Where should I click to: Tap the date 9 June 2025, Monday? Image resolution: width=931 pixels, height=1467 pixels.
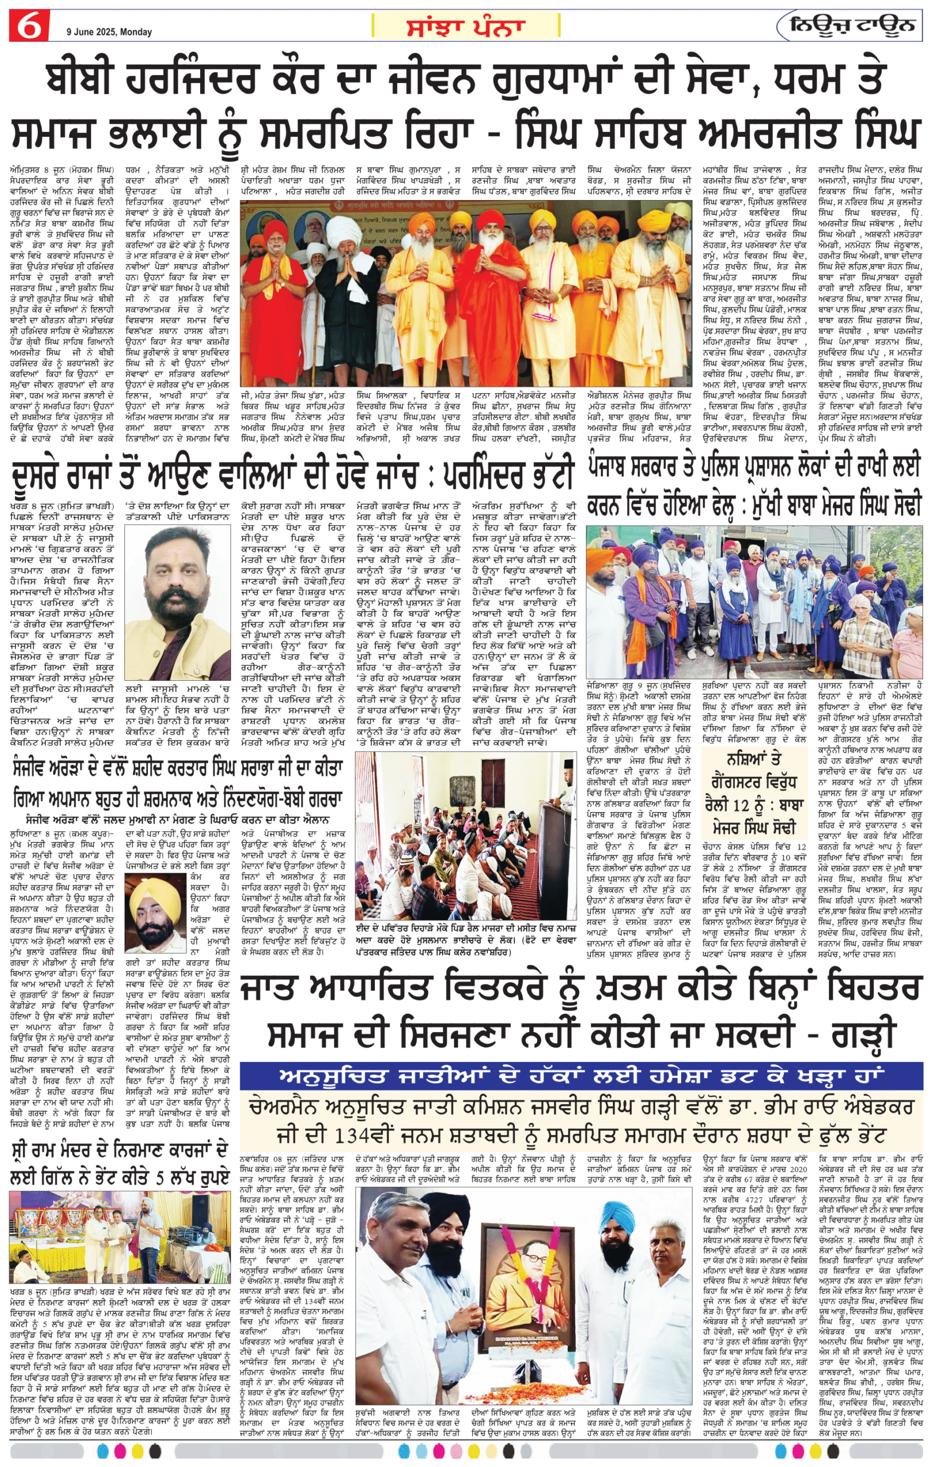click(x=109, y=32)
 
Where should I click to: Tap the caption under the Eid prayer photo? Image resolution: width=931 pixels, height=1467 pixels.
click(x=465, y=945)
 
